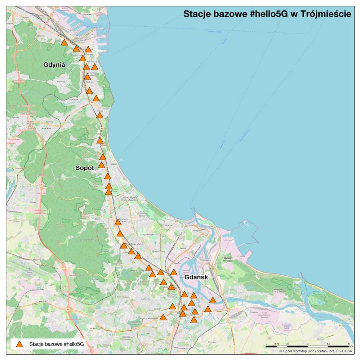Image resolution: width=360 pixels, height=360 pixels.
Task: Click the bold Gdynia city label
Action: click(x=54, y=65)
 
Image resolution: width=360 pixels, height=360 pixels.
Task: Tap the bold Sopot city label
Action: click(x=85, y=168)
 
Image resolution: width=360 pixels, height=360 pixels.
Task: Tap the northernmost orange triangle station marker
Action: click(x=64, y=43)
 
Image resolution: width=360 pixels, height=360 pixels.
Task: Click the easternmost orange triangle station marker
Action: click(x=213, y=300)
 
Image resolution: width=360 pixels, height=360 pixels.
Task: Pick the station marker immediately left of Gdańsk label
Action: click(x=174, y=272)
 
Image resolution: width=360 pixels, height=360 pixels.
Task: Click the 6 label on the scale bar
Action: click(x=348, y=343)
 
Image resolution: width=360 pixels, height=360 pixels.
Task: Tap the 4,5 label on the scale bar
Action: click(x=328, y=343)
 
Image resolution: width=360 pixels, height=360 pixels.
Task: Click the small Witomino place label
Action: click(x=60, y=81)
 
